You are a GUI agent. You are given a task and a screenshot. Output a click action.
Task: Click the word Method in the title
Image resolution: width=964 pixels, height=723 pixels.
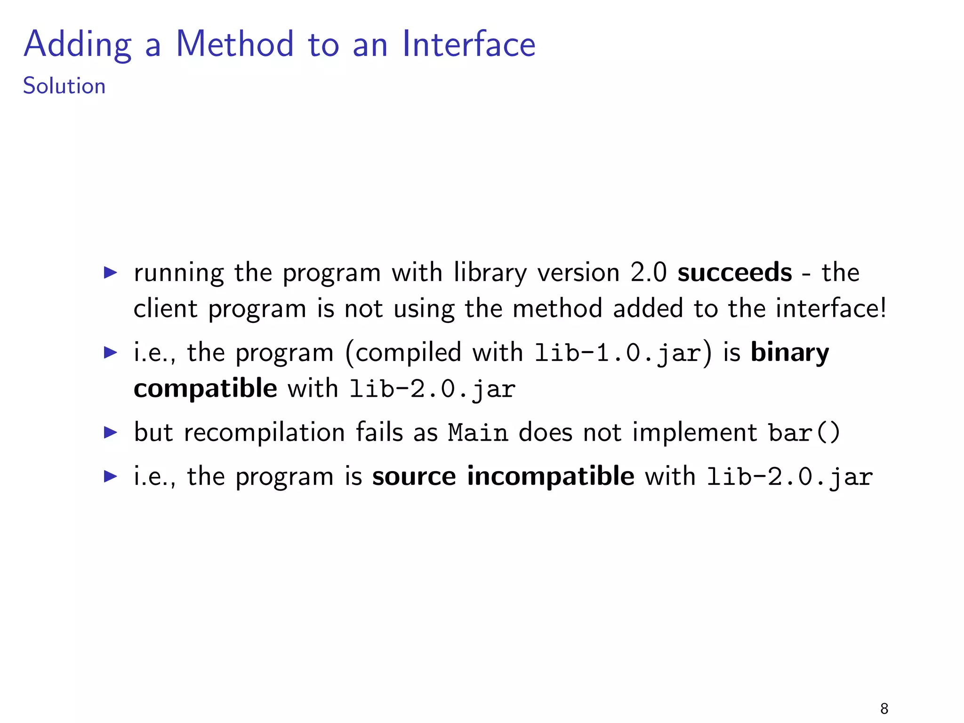(234, 44)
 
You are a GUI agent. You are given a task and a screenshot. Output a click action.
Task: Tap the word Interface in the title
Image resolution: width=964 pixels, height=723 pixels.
(468, 44)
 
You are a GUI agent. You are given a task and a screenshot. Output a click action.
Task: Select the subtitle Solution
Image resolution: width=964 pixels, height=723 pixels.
(64, 86)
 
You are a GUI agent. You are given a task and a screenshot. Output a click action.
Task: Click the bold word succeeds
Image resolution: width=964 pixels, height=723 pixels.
(734, 273)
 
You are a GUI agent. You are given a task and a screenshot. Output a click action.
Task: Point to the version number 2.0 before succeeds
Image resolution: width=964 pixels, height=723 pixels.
(648, 273)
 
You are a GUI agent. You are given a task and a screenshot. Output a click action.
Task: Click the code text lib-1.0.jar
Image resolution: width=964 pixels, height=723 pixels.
(618, 353)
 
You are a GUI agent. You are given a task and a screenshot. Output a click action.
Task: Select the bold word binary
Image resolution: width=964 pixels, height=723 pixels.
(789, 353)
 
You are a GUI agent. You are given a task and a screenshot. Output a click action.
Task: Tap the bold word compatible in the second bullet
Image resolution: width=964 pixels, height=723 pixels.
(205, 389)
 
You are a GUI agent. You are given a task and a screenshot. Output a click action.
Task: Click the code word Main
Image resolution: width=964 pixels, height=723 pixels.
(477, 433)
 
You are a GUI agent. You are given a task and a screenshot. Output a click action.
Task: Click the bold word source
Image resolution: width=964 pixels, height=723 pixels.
(414, 476)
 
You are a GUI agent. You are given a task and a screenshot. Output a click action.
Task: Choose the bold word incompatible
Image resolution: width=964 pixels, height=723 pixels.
(550, 476)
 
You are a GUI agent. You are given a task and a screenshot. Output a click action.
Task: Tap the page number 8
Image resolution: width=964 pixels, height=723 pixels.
(884, 708)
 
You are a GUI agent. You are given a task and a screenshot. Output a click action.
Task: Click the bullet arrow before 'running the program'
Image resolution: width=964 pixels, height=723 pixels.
(110, 273)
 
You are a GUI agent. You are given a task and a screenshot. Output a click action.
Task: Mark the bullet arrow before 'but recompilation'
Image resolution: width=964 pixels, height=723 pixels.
(110, 433)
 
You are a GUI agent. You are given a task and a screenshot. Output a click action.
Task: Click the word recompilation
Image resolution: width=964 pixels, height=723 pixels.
(264, 433)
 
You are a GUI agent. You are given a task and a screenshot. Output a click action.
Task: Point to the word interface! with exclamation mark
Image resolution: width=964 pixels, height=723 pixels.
(831, 309)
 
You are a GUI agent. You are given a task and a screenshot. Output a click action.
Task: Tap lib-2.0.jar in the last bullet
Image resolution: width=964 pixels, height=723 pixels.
(790, 477)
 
